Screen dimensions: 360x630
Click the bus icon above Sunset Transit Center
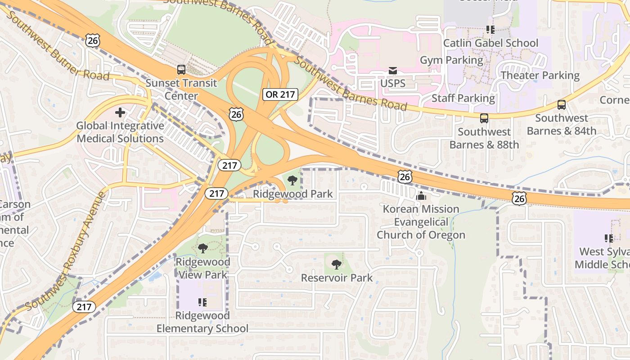click(181, 70)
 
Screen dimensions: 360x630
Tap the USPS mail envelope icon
click(393, 71)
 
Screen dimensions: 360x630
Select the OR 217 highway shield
click(280, 94)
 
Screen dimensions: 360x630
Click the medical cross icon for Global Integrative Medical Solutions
click(120, 112)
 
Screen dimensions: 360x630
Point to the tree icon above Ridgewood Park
click(292, 181)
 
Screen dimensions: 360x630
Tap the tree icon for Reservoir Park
click(336, 265)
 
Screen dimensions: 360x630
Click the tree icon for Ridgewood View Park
click(203, 248)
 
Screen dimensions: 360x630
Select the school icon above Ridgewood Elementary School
click(202, 302)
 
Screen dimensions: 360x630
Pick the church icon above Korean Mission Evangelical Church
click(421, 196)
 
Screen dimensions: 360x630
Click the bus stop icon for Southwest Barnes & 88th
click(484, 118)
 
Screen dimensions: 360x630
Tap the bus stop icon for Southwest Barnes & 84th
click(561, 105)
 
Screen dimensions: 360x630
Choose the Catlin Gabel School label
click(490, 43)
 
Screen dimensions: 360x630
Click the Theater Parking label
click(540, 75)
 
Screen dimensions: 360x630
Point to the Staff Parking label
click(463, 98)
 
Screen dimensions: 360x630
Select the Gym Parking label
click(451, 60)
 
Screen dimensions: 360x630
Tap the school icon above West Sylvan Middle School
click(609, 238)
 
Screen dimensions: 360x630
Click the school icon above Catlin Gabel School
click(490, 30)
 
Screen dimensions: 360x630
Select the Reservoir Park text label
click(337, 278)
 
